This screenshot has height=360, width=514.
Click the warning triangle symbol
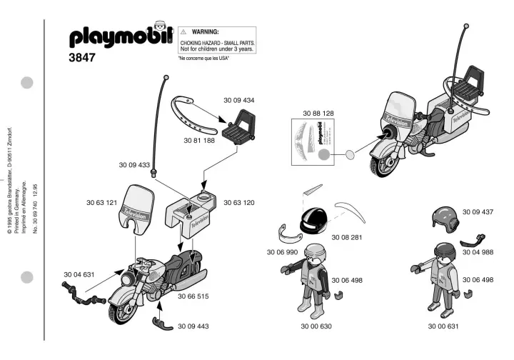click(x=183, y=33)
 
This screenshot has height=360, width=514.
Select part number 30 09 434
click(x=238, y=101)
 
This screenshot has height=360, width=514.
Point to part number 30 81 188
click(x=200, y=141)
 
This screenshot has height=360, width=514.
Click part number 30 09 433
click(x=134, y=165)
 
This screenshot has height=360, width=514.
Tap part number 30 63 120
click(x=238, y=202)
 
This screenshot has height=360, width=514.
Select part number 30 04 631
click(x=79, y=274)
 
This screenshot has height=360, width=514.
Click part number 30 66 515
click(x=193, y=295)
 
